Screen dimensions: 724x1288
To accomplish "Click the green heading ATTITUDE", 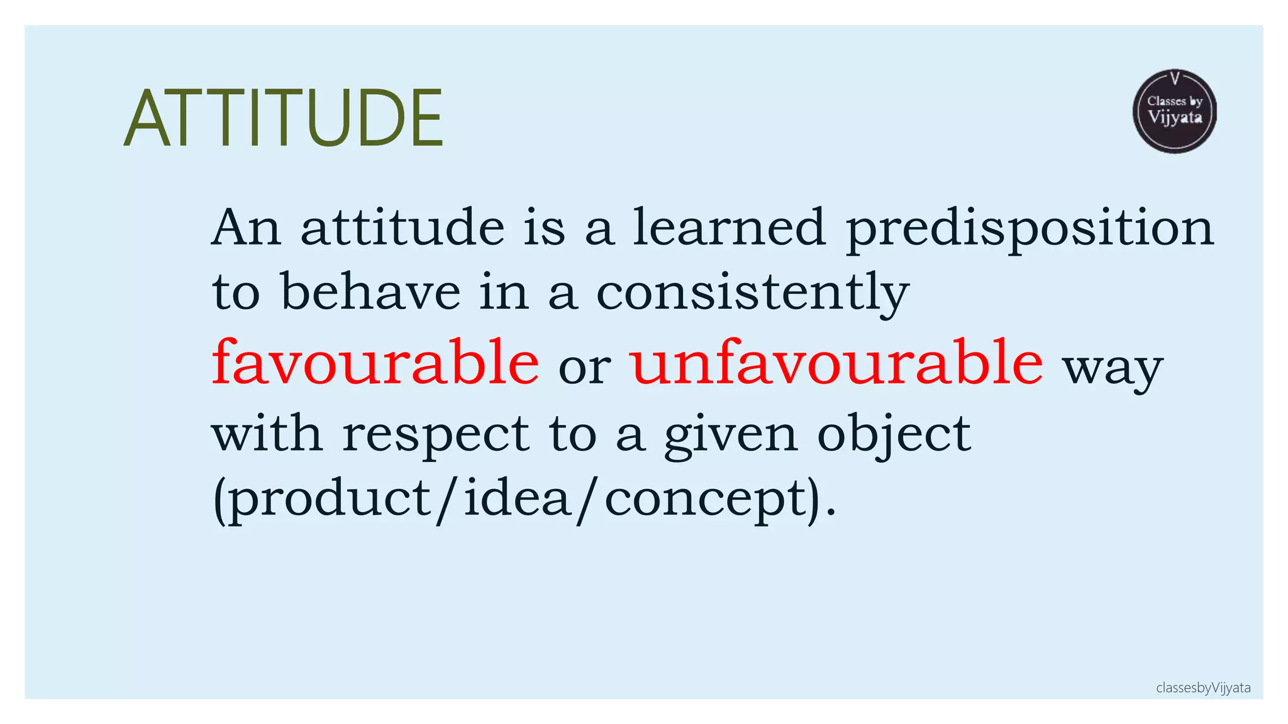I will click(284, 118).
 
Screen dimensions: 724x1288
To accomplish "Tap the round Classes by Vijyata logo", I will click(1174, 111).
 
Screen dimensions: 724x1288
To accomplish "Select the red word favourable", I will click(375, 363).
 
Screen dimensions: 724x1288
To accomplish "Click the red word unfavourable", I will click(836, 363).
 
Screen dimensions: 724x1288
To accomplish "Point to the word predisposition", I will click(1030, 228).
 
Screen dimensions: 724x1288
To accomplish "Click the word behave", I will click(370, 292).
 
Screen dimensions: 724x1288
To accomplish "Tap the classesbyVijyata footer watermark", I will click(1203, 688).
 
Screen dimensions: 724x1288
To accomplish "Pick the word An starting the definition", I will click(246, 228).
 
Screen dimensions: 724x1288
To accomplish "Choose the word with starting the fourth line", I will click(267, 434).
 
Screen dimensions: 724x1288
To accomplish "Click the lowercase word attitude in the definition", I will click(402, 228).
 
